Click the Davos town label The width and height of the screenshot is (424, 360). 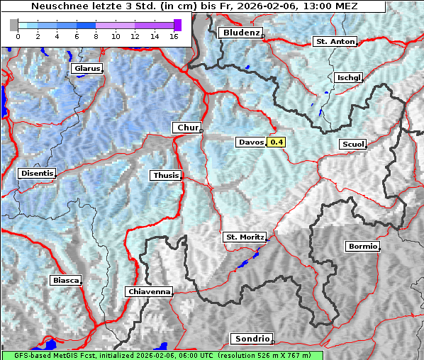(x=251, y=142)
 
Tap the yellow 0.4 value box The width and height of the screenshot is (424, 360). (x=277, y=142)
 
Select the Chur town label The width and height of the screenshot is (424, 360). (x=187, y=128)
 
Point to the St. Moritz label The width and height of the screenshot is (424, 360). (x=244, y=237)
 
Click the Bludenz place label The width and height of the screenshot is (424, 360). (x=240, y=33)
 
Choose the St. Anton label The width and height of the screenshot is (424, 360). (x=334, y=42)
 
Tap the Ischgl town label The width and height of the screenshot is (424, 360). (x=349, y=77)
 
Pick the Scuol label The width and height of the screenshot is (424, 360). (x=352, y=145)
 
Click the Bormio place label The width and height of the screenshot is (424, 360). (x=362, y=247)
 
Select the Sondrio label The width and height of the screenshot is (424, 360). (x=251, y=339)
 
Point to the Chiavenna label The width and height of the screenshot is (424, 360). (x=149, y=291)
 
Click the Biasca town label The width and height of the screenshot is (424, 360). (x=65, y=281)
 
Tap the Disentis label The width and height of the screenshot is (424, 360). (x=37, y=174)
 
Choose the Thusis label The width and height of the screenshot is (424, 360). (x=165, y=175)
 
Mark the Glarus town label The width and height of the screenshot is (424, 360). (x=86, y=69)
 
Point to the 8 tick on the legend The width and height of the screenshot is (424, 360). (x=96, y=35)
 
